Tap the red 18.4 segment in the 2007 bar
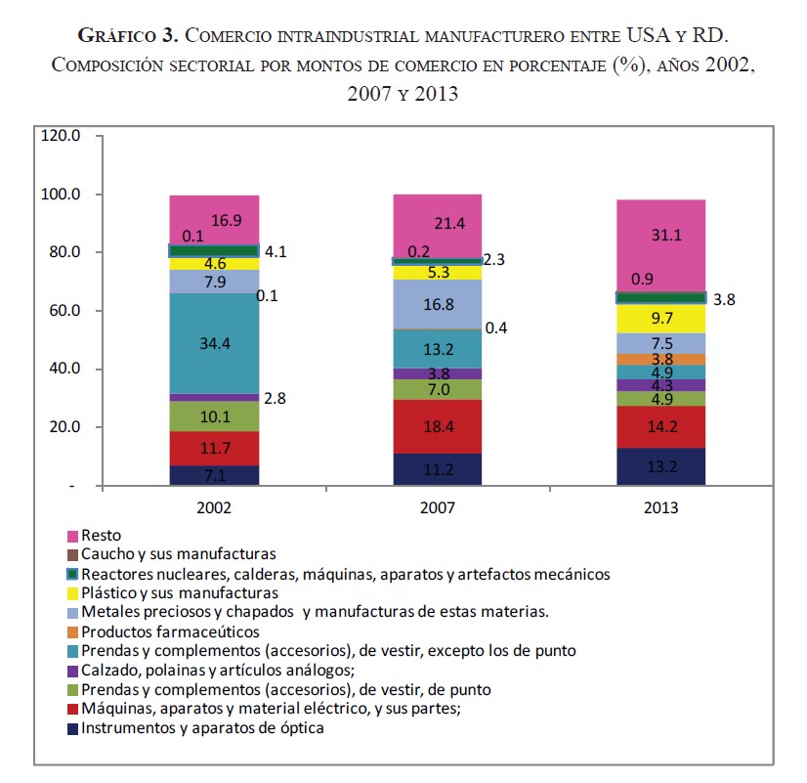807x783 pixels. pyautogui.click(x=437, y=426)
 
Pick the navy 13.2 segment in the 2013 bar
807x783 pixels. pyautogui.click(x=661, y=466)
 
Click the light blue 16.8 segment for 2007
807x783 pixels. pyautogui.click(x=437, y=304)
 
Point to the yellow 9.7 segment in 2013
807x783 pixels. pyautogui.click(x=661, y=319)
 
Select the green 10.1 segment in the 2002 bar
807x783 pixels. pyautogui.click(x=214, y=416)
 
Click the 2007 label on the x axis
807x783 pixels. pyautogui.click(x=437, y=508)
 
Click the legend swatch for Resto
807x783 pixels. pyautogui.click(x=72, y=537)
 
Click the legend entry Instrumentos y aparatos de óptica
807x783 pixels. pyautogui.click(x=202, y=727)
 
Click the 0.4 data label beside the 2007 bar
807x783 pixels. pyautogui.click(x=496, y=327)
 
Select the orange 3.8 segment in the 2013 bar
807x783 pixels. pyautogui.click(x=661, y=359)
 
